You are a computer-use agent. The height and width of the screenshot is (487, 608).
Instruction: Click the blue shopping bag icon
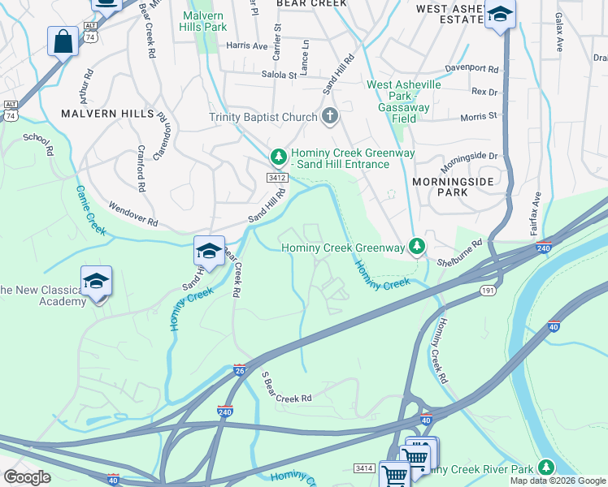click(x=63, y=41)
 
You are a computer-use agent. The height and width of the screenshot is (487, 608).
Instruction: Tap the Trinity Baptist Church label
click(x=263, y=118)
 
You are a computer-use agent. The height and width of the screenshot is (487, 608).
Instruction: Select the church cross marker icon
click(x=329, y=117)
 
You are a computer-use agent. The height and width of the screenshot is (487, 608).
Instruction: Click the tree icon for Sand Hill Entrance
click(x=278, y=154)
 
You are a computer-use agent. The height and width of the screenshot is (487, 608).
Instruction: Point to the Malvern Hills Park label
click(x=204, y=21)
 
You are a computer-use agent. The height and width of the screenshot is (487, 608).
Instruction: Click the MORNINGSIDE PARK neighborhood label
click(x=440, y=187)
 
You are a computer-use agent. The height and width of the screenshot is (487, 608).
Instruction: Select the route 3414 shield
click(x=364, y=468)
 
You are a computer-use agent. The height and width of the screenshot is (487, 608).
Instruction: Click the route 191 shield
click(x=487, y=290)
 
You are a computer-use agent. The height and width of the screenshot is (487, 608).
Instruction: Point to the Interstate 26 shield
click(x=240, y=369)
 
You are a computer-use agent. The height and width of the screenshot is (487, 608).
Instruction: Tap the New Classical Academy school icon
click(x=96, y=282)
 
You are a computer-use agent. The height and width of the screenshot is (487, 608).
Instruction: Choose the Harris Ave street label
click(x=247, y=46)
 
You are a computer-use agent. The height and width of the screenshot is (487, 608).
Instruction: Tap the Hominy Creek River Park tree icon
click(x=545, y=468)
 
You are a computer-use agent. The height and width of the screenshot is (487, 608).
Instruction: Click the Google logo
click(x=26, y=477)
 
